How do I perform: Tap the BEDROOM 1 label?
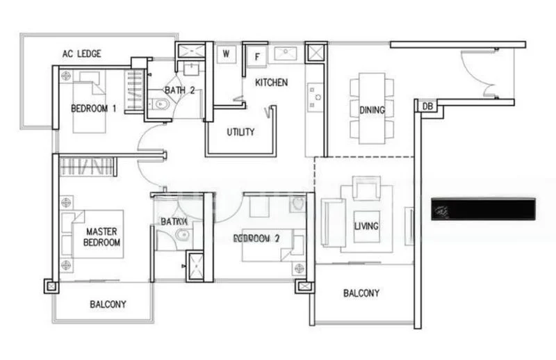pos(93,108)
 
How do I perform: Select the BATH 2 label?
pos(180,90)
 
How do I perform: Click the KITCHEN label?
pos(271,83)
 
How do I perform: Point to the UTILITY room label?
pos(240,132)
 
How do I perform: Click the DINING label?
pos(372,110)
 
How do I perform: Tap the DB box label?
pos(426,106)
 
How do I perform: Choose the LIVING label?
pos(366,227)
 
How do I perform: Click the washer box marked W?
pos(227,54)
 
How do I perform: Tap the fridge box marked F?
pos(256,56)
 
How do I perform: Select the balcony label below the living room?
pos(361,293)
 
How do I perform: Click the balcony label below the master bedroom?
pos(108,304)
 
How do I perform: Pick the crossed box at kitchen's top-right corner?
pos(315,53)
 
